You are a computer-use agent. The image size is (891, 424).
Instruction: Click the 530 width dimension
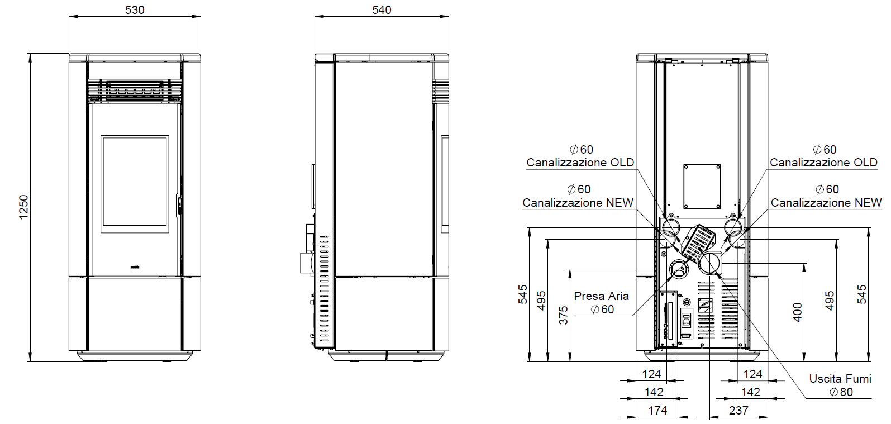tap(135, 10)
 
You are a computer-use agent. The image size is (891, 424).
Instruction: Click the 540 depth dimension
tap(382, 10)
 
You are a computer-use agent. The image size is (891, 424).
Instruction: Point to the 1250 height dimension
tap(23, 207)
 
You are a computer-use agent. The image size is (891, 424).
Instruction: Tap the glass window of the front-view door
tap(135, 184)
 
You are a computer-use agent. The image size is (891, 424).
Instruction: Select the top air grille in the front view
tap(135, 91)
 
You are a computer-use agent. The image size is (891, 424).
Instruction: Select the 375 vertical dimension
tap(563, 315)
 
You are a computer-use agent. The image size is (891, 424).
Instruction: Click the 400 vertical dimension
tap(797, 313)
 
